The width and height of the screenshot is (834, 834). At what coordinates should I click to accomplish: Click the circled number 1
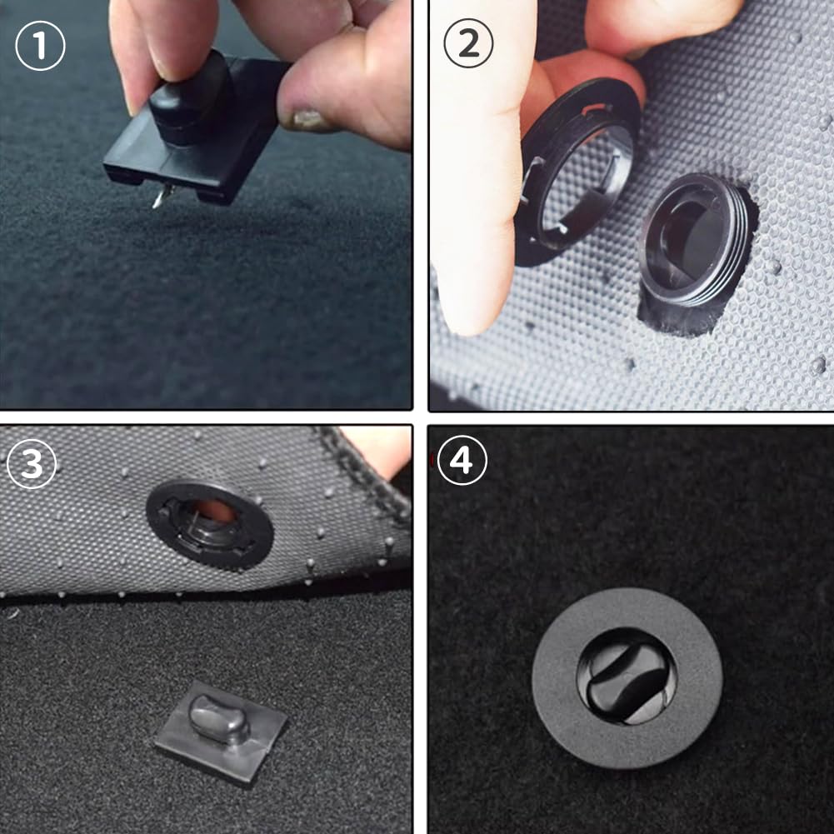(x=41, y=46)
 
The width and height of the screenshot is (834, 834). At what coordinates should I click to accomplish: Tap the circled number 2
(x=468, y=43)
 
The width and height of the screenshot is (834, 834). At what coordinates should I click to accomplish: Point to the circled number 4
(x=462, y=460)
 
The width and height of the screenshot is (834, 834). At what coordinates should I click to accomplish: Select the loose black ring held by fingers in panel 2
(x=577, y=170)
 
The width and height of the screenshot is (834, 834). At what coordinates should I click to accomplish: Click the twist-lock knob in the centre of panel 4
(x=627, y=676)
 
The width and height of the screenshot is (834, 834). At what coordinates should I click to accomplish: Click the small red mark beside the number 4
(x=432, y=457)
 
